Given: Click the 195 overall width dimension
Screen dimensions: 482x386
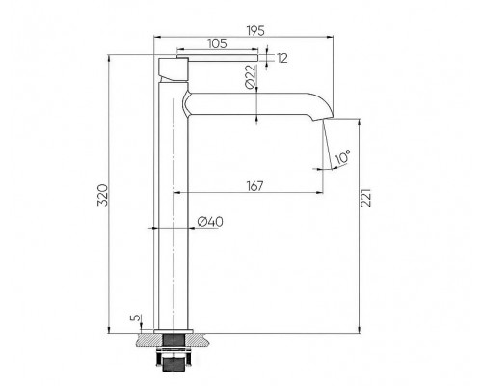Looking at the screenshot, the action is [255, 30].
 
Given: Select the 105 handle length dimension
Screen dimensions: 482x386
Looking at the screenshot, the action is [217, 43].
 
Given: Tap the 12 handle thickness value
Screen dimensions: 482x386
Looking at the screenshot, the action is [281, 59].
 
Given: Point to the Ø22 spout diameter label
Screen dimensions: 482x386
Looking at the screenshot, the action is [251, 76].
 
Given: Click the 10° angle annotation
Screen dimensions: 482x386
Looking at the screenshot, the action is [342, 157].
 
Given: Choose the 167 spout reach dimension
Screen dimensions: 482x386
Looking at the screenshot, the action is [254, 186].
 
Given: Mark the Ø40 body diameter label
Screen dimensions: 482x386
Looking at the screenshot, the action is [210, 222].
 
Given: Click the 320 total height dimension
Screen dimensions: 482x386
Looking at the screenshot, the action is [102, 195].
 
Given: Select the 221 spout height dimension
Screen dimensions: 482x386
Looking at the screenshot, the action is [366, 198].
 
